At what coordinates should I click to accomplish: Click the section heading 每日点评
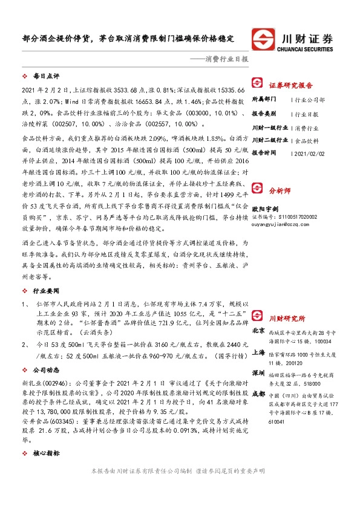coord(46,77)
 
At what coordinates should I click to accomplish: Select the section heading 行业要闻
coord(46,291)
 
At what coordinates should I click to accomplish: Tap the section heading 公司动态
coord(46,368)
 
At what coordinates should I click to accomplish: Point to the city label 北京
coord(258,331)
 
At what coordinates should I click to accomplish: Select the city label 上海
coord(258,351)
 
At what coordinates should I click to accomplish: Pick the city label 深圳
coord(258,373)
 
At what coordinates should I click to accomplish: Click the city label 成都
coord(258,394)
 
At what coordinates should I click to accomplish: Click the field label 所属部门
coord(264,99)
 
